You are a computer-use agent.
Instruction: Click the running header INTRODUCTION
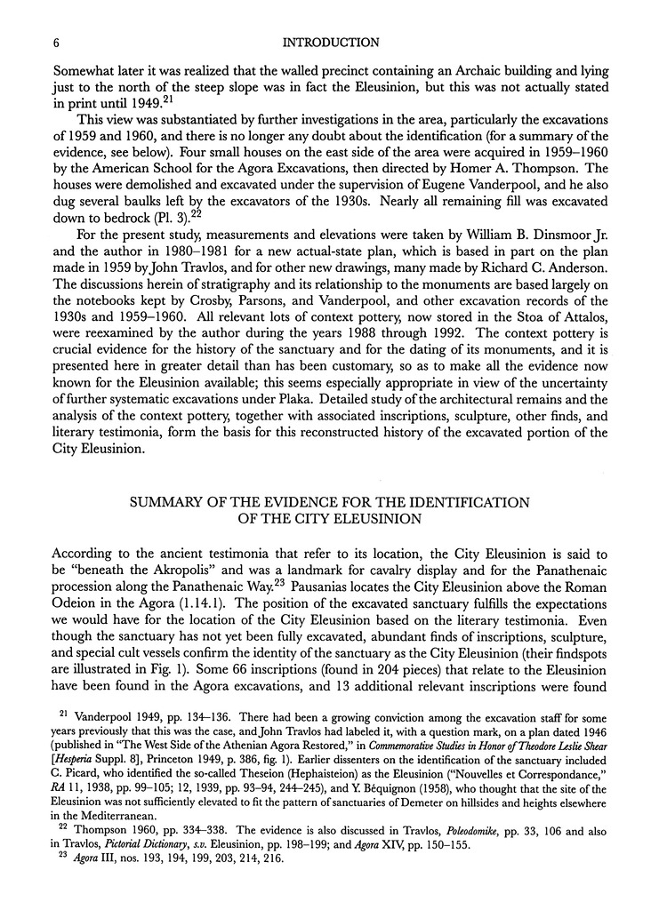330,42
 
